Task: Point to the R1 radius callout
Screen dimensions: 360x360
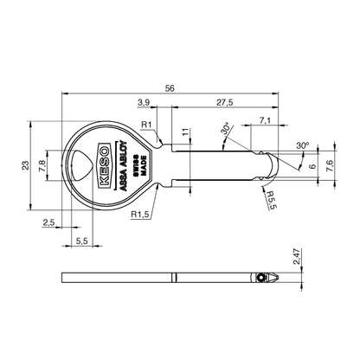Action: (x=147, y=126)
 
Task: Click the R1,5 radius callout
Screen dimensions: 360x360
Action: (x=140, y=214)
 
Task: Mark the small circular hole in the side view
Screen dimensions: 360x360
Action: (x=261, y=278)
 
